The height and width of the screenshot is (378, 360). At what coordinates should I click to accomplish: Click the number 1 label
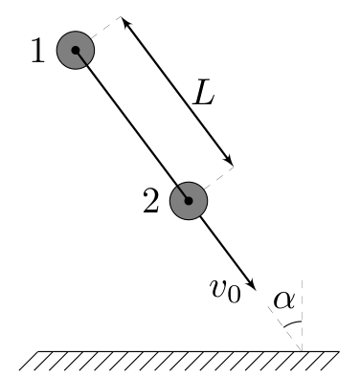coord(38,50)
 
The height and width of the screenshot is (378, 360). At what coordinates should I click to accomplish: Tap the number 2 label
coord(150,201)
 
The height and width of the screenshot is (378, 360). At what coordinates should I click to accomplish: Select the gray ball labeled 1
coord(76,50)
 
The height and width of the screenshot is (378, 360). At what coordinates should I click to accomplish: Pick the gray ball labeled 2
coord(189,201)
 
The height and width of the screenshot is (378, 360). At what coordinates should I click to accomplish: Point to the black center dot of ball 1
coord(76,50)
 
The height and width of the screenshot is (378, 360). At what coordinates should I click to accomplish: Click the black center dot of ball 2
coord(189,201)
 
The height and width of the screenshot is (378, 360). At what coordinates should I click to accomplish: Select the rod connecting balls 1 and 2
coord(132,125)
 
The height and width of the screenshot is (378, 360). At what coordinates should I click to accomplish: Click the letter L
coord(203,93)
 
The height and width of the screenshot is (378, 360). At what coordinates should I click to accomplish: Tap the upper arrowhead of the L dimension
coord(125,22)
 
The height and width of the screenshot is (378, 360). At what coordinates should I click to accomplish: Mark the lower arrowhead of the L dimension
coord(229,161)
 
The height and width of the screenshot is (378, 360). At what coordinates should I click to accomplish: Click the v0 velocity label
coord(225,290)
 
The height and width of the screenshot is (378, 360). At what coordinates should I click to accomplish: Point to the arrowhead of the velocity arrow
coord(252,285)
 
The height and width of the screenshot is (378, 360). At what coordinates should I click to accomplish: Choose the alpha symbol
coord(284,300)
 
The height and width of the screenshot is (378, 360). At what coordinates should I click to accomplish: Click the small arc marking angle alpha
coord(292,323)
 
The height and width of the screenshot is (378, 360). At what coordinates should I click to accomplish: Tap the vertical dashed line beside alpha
coord(302,315)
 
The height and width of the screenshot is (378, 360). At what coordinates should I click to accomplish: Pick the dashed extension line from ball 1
coord(105,28)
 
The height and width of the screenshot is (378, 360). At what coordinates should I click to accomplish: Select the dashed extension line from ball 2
coord(219,178)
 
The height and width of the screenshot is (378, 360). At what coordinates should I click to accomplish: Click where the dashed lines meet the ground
coord(302,351)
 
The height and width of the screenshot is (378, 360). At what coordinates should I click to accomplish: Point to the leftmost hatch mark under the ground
coord(29,361)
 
